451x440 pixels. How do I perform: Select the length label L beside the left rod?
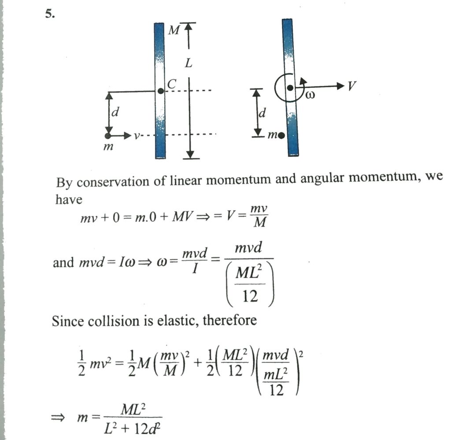coord(189,63)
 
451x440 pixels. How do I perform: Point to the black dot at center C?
coord(161,91)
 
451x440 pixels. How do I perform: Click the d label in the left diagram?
coord(115,112)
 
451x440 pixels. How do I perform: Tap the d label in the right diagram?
coord(262,113)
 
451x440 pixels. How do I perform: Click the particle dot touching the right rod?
coord(281,135)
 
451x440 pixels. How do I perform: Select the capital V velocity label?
coord(351,86)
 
